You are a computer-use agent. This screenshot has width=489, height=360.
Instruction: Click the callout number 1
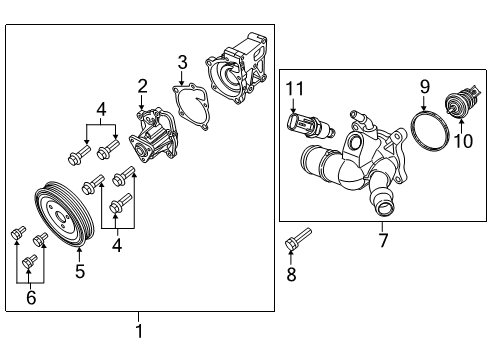coord(139,331)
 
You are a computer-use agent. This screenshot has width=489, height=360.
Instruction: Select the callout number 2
coord(142,86)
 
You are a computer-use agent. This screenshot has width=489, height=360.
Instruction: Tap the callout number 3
coord(182,64)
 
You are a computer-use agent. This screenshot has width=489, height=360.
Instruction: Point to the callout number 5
coord(79,269)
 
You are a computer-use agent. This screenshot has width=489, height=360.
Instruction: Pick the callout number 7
coord(381,240)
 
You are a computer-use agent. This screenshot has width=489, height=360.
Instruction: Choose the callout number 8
coord(291,275)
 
